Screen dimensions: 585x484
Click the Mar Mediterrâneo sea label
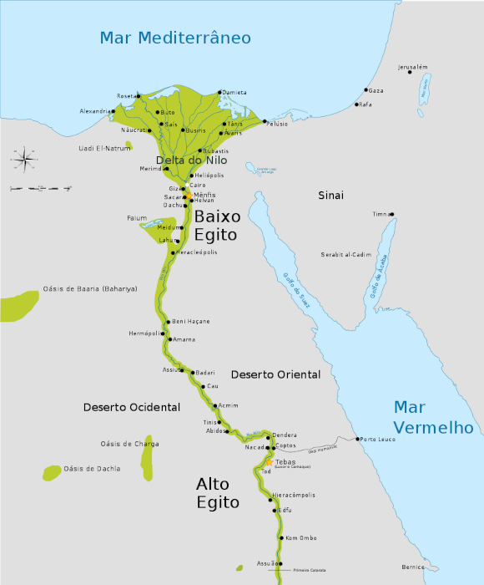click(175, 38)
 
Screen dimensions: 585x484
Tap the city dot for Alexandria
click(113, 111)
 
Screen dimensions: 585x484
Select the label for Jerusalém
click(413, 66)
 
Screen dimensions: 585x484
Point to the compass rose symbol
click(23, 157)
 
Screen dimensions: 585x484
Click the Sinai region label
click(330, 195)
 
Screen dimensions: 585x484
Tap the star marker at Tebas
click(268, 461)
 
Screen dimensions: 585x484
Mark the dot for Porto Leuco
click(357, 440)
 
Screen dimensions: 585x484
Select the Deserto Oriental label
click(275, 374)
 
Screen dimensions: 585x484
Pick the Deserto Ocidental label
click(132, 407)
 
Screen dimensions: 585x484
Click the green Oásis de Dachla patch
click(52, 472)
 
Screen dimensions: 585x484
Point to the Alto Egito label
click(218, 493)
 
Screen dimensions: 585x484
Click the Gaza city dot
click(366, 90)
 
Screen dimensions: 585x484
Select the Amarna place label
click(183, 339)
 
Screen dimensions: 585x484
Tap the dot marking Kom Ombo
click(282, 538)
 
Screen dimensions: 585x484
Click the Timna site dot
click(391, 215)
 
